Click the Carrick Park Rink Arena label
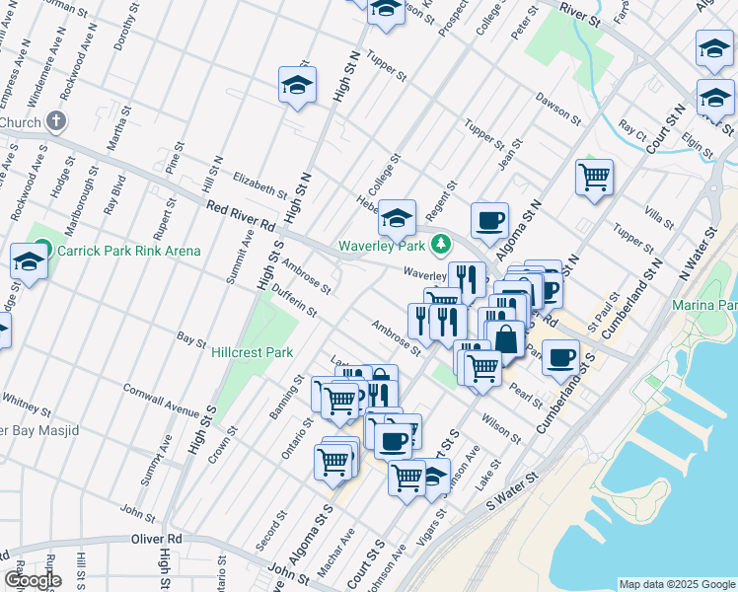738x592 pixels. coord(128,251)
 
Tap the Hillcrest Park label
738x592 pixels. coord(253,352)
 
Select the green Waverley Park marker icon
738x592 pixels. coord(443,243)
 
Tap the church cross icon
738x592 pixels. coord(56,122)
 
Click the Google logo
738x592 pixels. coord(33,580)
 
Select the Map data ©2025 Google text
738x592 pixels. coord(676,584)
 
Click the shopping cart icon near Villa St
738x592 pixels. coord(594,179)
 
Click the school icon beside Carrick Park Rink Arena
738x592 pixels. coord(29,262)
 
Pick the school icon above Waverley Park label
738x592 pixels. coord(397,217)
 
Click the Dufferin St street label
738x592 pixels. coord(295,303)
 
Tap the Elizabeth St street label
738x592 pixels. coord(259,183)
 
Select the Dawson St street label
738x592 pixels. coord(558,110)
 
